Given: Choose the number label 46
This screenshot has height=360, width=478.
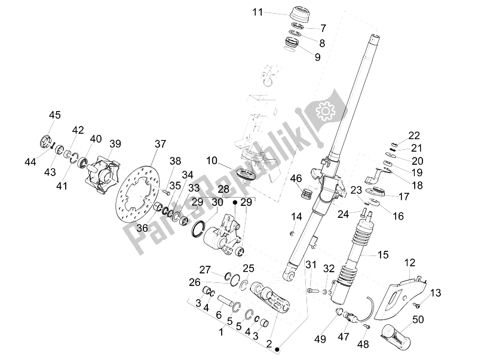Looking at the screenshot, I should [296, 178].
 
